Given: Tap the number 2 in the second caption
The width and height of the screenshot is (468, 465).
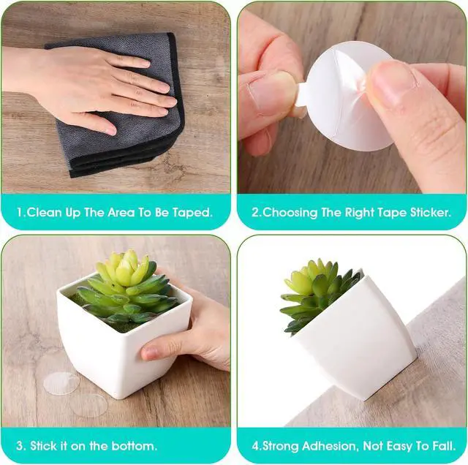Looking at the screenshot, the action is click(x=256, y=213).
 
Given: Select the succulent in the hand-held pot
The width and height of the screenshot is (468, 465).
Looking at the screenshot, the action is click(x=125, y=290).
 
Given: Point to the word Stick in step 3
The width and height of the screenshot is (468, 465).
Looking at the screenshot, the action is click(x=44, y=446).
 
